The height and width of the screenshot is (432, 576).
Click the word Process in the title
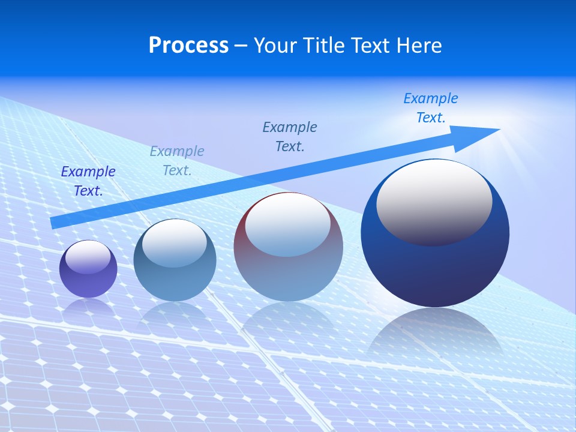[188, 46]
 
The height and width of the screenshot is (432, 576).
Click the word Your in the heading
[275, 46]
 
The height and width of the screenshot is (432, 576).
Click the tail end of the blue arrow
[55, 222]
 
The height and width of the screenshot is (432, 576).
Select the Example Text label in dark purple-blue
[88, 181]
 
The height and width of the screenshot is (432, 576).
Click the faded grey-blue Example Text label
[177, 161]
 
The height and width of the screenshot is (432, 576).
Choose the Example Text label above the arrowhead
[431, 108]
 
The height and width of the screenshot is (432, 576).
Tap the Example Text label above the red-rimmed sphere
[290, 137]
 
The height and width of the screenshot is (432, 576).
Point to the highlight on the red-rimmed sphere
[287, 223]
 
